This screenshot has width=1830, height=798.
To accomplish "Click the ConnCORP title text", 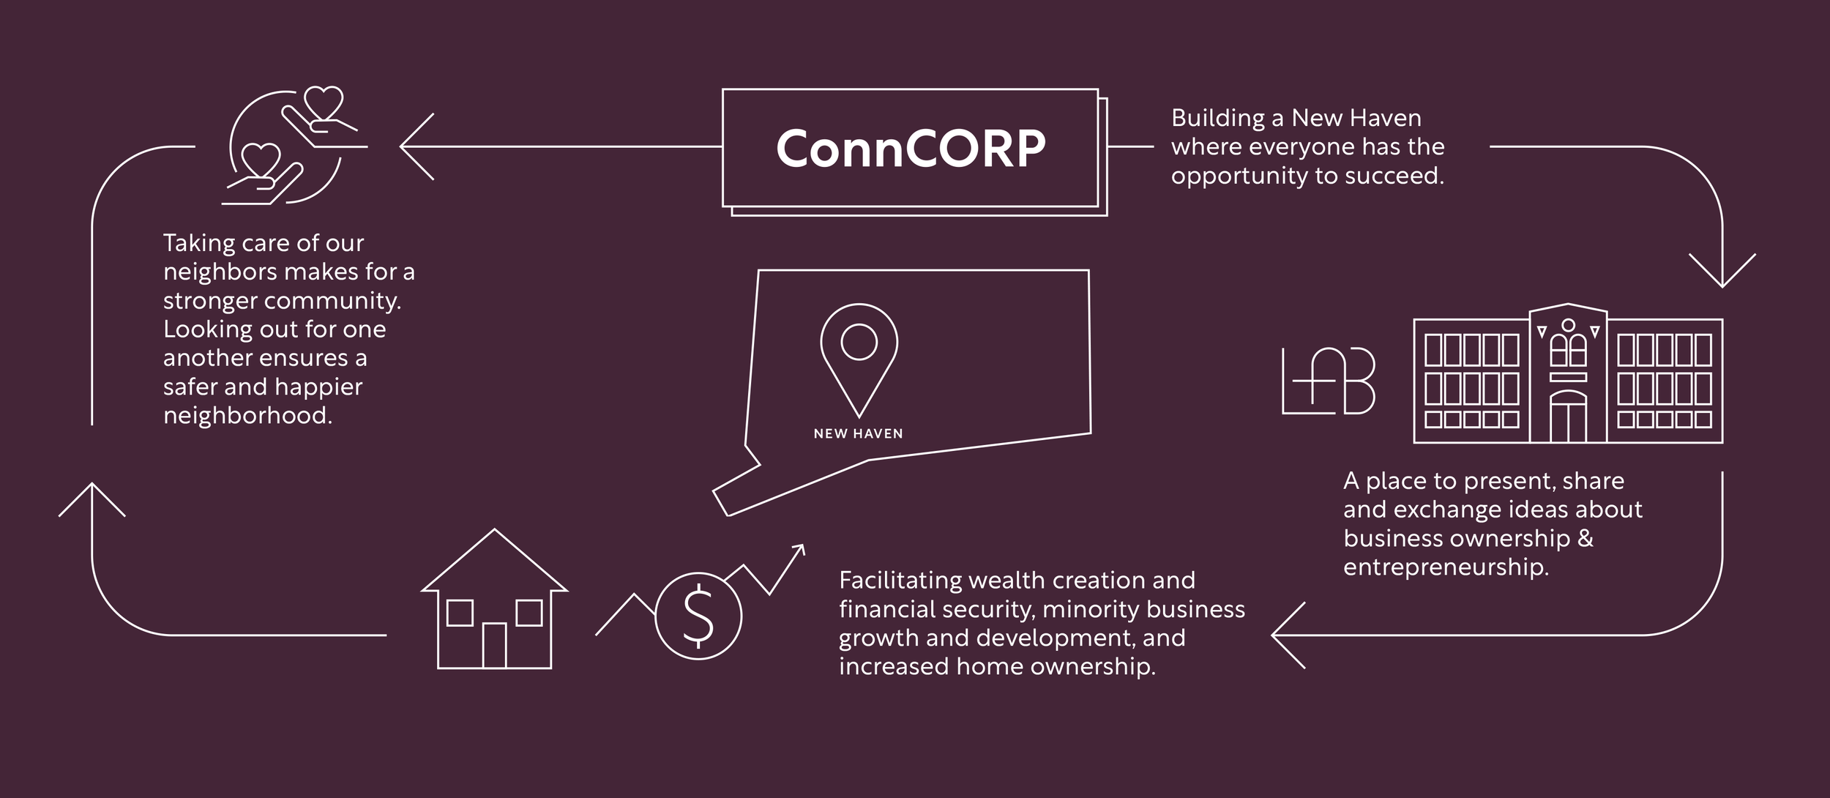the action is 911,149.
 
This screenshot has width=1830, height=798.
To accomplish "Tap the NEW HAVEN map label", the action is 858,434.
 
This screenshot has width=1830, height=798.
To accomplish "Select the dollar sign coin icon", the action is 698,616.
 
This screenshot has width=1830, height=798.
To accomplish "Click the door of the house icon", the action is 494,645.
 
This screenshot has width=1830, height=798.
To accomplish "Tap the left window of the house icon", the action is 460,613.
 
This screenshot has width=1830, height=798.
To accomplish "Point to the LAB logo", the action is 1329,381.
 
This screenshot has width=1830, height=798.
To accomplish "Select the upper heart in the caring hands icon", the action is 323,102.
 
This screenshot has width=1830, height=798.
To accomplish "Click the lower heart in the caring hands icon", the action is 261,159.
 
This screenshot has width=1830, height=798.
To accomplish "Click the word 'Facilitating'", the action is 900,581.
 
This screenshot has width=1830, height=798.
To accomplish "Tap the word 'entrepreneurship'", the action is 1446,567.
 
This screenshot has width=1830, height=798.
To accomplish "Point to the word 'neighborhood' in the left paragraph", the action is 247,416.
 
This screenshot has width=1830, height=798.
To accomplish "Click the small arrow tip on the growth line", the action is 800,548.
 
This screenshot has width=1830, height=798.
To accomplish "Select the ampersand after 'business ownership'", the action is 1586,539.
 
